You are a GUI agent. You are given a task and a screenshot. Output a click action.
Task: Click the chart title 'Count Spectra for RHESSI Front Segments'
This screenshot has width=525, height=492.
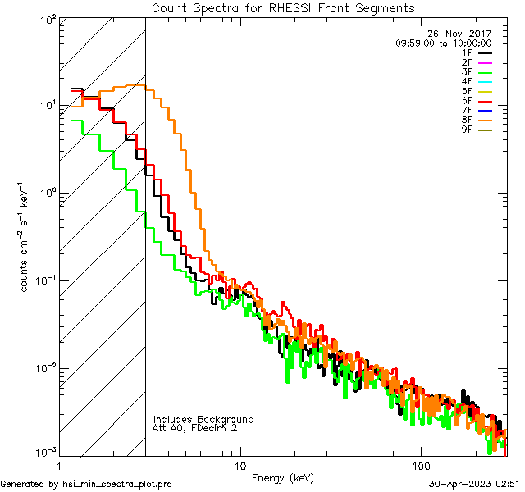[283, 7]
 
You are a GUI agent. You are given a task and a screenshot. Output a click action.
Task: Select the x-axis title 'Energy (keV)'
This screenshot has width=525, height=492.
[283, 477]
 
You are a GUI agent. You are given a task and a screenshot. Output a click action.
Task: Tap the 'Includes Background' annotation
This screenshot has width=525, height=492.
[203, 419]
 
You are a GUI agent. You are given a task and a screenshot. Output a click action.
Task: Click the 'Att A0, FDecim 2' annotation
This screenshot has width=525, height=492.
[196, 428]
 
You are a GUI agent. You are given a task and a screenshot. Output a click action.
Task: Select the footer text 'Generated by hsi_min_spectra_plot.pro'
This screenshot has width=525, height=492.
[86, 485]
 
